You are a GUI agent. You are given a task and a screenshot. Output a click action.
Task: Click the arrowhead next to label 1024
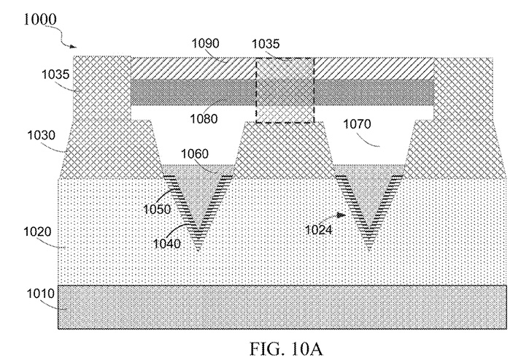pyautogui.click(x=341, y=215)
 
